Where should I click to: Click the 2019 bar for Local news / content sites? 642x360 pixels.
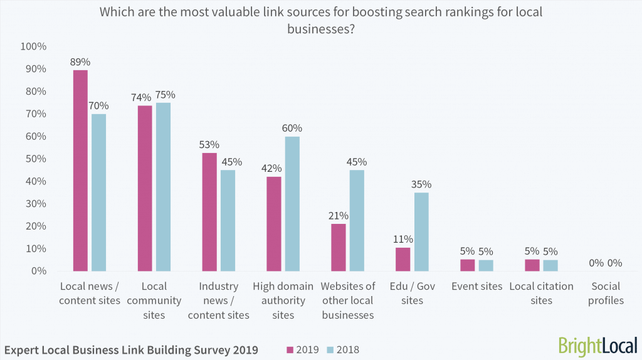tap(80, 170)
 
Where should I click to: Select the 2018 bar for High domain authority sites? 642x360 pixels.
tap(292, 204)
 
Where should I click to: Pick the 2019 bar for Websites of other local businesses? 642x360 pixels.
tap(339, 247)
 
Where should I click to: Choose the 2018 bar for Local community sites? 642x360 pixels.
tap(164, 187)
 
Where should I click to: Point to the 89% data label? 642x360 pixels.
tap(80, 62)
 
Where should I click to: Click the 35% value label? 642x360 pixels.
tap(421, 184)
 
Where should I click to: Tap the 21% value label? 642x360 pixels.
tap(339, 216)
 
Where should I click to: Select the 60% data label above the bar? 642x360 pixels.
tap(292, 129)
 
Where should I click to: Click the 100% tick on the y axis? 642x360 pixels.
tap(33, 46)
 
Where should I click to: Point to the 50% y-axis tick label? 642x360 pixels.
tap(36, 159)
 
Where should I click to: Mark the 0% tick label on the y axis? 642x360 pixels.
tap(38, 271)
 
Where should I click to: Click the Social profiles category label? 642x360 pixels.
tap(606, 293)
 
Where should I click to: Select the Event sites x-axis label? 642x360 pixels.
tap(477, 286)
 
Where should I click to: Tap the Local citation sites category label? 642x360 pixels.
tap(542, 293)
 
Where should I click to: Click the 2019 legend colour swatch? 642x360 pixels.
tap(290, 349)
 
